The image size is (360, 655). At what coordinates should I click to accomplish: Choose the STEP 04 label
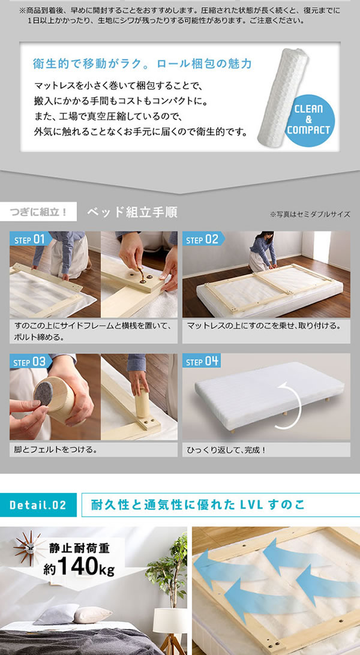pyautogui.click(x=202, y=362)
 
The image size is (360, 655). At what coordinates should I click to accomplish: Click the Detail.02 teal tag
pyautogui.click(x=38, y=504)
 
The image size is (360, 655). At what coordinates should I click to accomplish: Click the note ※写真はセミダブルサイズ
pyautogui.click(x=310, y=214)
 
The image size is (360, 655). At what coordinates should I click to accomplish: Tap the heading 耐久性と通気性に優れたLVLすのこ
pyautogui.click(x=198, y=504)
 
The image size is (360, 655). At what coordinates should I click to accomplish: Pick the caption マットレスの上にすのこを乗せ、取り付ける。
pyautogui.click(x=264, y=326)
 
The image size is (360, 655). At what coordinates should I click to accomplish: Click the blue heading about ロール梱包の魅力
pyautogui.click(x=142, y=64)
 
